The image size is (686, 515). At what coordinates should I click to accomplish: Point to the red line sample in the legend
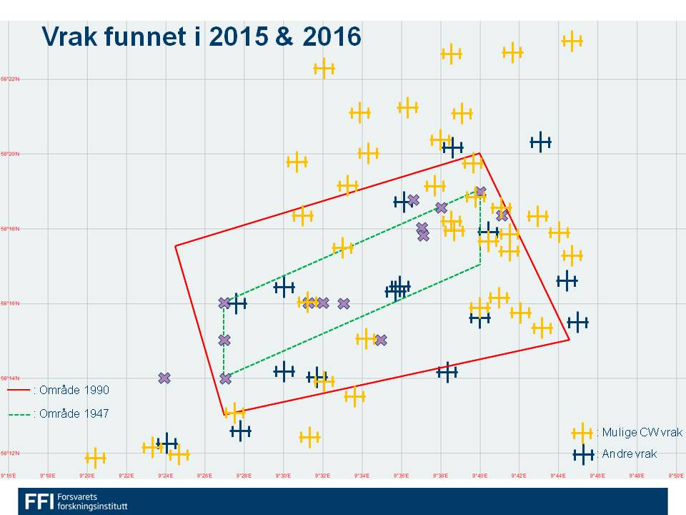click(19, 391)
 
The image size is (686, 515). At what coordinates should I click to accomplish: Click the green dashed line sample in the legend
click(19, 414)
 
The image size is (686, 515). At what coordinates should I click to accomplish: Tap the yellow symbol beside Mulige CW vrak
click(582, 432)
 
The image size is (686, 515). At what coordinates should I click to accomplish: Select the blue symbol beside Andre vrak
click(582, 453)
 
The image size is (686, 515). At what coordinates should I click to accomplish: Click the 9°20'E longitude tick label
click(87, 474)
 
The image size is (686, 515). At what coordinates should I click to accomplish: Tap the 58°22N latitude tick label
click(11, 79)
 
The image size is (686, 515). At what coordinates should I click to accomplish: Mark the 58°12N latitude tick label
click(11, 453)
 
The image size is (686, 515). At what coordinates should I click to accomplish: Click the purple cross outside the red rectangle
click(164, 378)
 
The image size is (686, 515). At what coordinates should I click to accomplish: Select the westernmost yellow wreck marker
click(95, 458)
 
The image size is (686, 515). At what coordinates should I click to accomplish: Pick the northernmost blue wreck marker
click(541, 142)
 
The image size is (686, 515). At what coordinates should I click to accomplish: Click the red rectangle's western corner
click(175, 246)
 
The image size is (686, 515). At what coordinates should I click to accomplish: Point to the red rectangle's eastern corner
click(570, 339)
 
